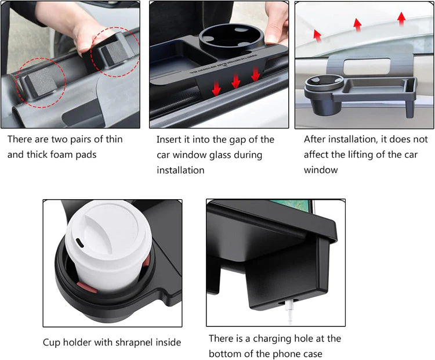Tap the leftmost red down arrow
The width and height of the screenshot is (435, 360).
pyautogui.click(x=216, y=87)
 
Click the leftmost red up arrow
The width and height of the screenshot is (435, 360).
pyautogui.click(x=317, y=35)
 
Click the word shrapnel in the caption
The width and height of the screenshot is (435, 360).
pyautogui.click(x=137, y=343)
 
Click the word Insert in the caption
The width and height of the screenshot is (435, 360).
pyautogui.click(x=169, y=139)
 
